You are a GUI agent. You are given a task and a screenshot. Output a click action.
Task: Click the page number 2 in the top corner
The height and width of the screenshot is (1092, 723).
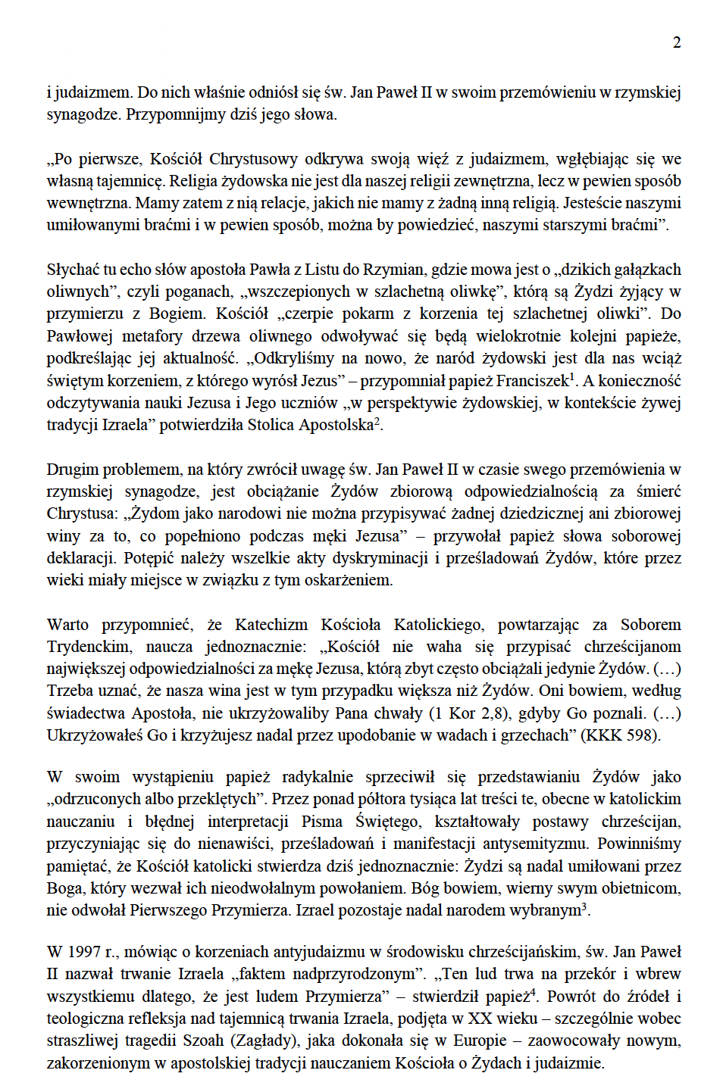coord(677,42)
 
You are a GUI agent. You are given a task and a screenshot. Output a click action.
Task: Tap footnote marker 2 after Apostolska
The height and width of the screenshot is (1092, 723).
coord(377,420)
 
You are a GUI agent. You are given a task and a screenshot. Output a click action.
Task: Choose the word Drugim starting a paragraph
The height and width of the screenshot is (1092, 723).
coord(72,470)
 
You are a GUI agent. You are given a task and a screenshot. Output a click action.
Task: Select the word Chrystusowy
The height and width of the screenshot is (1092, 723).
coord(253,159)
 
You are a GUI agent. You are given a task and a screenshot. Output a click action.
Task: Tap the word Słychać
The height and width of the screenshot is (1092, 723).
coord(72,270)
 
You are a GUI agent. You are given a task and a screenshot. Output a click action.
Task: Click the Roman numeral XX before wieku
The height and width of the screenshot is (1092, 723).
coord(479,1019)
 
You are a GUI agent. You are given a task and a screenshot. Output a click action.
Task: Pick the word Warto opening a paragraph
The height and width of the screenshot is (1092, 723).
coord(67,625)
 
